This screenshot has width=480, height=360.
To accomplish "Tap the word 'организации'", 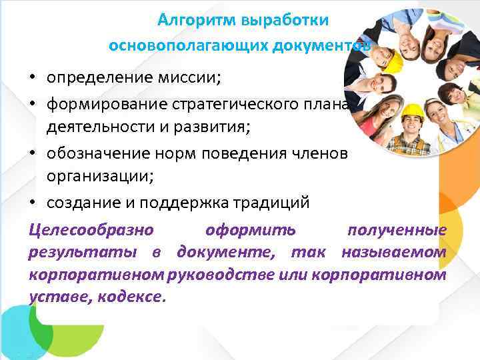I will click(x=97, y=177).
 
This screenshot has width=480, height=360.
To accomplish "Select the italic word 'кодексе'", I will click(x=129, y=297).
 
